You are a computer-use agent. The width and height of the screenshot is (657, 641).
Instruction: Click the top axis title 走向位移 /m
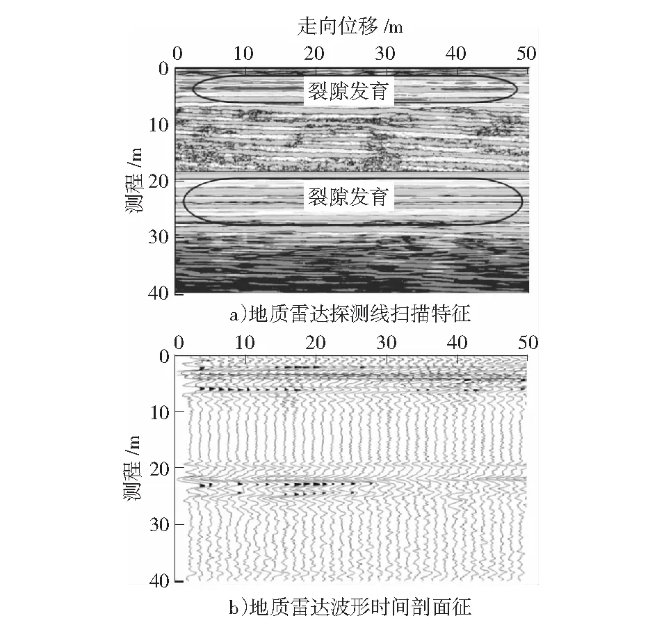(x=350, y=27)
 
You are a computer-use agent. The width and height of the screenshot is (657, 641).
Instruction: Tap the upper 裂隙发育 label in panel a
(x=348, y=91)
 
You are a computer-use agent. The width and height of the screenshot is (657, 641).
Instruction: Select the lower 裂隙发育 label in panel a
(x=348, y=197)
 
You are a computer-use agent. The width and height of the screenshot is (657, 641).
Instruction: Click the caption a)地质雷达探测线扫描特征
(x=350, y=314)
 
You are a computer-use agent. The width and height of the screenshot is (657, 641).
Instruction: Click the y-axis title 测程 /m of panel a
(x=134, y=181)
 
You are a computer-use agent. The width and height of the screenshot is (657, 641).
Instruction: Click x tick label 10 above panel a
(x=243, y=54)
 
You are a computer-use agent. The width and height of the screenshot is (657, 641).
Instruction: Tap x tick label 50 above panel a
(x=526, y=54)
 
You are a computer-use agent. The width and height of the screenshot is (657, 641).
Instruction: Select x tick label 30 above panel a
(x=385, y=54)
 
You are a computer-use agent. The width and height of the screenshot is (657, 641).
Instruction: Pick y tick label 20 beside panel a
(x=159, y=181)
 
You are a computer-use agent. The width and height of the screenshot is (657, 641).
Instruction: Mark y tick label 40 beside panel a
(x=159, y=293)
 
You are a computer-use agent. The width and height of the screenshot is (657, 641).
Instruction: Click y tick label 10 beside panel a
(x=159, y=124)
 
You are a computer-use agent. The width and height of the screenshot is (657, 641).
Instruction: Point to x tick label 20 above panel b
(x=315, y=343)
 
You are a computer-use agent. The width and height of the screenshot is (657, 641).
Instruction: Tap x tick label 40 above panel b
(x=457, y=343)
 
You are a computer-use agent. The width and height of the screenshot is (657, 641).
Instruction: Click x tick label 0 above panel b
(x=179, y=343)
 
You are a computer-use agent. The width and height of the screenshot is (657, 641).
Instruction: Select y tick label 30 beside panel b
(x=160, y=524)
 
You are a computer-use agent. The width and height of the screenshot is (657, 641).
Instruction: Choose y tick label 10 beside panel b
(x=160, y=413)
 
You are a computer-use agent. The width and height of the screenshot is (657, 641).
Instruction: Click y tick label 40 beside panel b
(x=159, y=581)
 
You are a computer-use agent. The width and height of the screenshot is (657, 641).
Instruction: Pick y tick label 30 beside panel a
(x=159, y=237)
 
